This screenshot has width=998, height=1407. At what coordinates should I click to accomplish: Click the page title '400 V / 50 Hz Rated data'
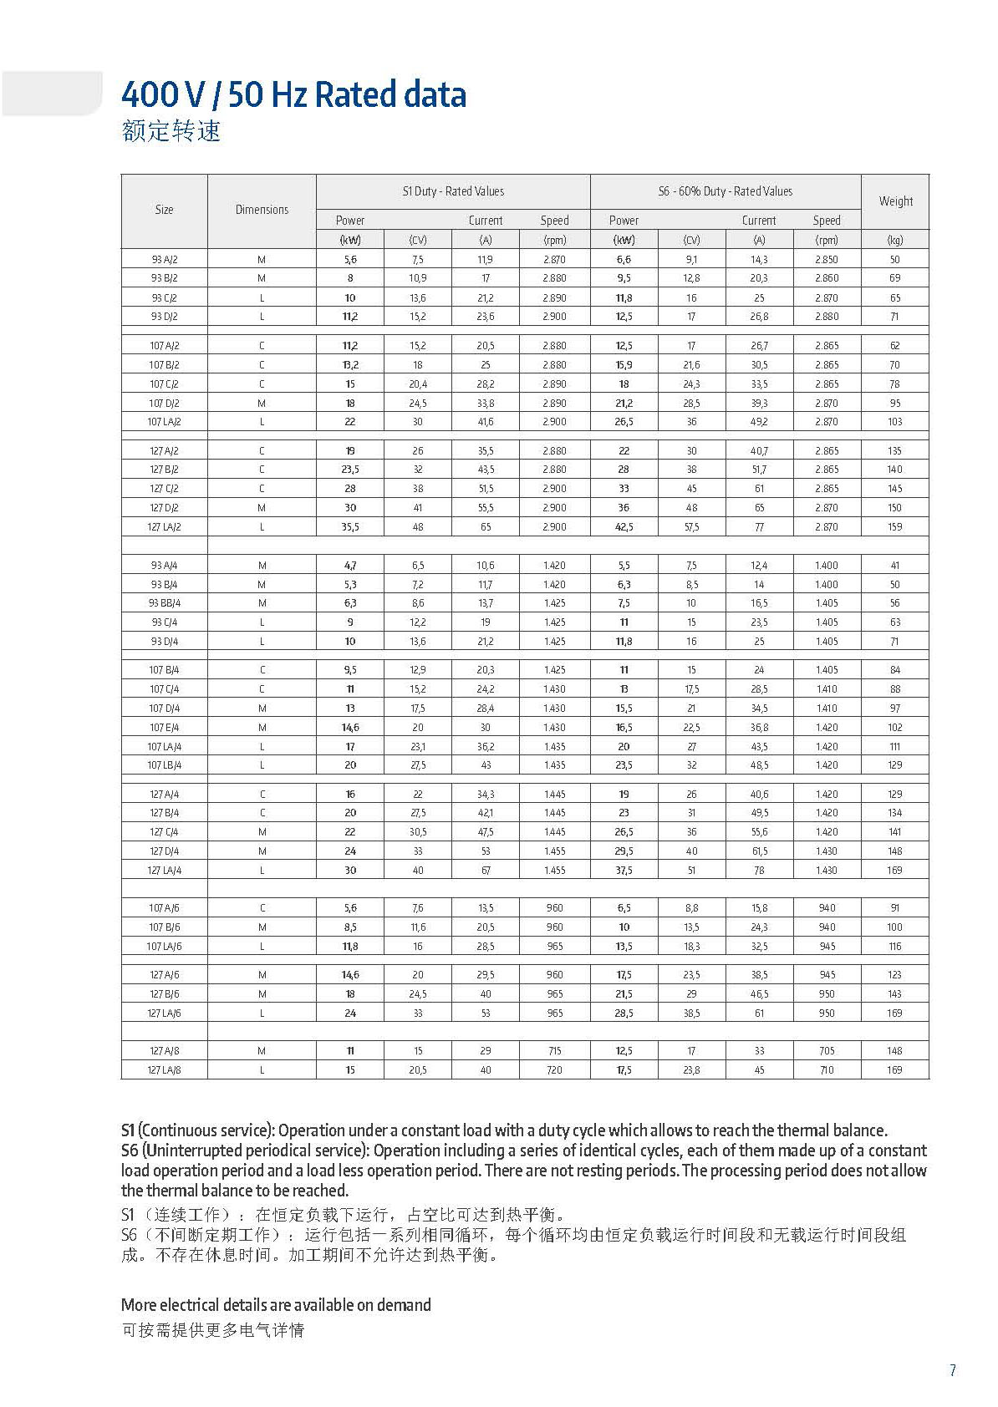tap(293, 95)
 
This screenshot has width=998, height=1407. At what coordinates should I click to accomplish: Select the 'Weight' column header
tap(895, 201)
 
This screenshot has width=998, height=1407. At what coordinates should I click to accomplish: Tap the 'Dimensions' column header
tap(262, 210)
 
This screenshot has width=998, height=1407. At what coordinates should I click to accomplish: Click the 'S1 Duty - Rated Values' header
tap(453, 191)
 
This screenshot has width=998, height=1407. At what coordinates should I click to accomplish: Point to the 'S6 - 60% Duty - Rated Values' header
tap(725, 191)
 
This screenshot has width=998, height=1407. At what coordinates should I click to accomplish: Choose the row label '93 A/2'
tap(165, 260)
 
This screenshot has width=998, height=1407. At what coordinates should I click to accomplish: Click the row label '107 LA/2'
tap(165, 422)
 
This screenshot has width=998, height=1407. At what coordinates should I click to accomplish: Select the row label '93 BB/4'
tap(165, 603)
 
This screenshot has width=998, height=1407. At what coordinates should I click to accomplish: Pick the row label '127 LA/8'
tap(165, 1070)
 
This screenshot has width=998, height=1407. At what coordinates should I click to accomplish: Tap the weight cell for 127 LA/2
tap(895, 527)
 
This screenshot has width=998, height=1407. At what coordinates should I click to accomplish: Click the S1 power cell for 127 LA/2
tap(350, 527)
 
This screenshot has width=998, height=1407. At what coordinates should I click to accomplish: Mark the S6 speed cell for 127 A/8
tap(827, 1051)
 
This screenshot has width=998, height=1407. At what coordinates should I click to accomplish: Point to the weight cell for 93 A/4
tap(895, 566)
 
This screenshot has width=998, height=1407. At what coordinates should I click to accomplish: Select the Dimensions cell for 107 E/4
tap(262, 728)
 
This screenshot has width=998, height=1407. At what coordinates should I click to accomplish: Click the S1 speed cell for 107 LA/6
tap(554, 947)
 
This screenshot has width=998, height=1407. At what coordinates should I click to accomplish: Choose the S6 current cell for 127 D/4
tap(759, 851)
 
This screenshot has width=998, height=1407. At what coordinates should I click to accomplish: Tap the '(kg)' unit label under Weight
tap(895, 240)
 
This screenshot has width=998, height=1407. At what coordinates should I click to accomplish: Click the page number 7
tap(952, 1370)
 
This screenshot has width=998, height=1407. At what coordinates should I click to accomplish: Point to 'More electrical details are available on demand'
tap(276, 1305)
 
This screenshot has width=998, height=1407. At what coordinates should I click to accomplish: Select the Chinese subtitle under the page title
tap(171, 132)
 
